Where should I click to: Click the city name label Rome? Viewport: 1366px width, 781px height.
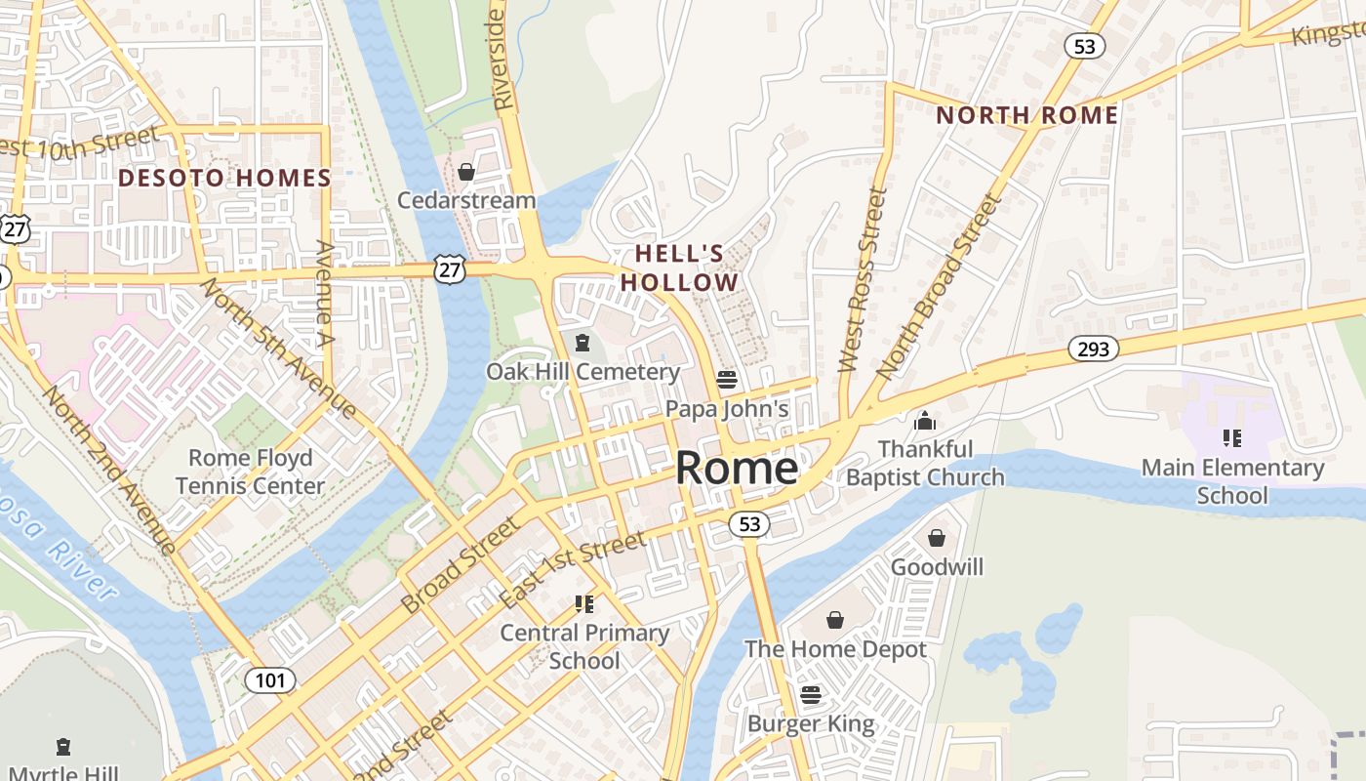737,469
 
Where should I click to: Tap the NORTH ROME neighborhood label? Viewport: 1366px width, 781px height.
1026,115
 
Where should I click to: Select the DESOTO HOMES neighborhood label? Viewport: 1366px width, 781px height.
224,178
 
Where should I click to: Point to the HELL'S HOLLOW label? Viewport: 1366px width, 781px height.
680,268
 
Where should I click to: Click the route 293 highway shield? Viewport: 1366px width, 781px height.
1093,349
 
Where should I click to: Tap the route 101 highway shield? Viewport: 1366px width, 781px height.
269,679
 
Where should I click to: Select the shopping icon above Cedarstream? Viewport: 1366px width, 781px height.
466,173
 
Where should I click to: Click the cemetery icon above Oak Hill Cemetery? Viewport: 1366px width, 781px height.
583,343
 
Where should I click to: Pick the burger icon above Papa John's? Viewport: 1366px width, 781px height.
727,379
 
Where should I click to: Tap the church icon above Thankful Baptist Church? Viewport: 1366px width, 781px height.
924,421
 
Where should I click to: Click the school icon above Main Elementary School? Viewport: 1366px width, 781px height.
1232,438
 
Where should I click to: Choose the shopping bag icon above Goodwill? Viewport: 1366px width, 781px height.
937,538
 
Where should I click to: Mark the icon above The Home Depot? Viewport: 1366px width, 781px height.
835,620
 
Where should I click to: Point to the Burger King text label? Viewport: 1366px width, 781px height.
811,724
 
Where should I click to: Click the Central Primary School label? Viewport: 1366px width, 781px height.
584,646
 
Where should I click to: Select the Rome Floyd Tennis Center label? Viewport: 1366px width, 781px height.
251,472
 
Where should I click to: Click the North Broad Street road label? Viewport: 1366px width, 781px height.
940,287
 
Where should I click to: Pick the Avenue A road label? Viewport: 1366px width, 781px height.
324,296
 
